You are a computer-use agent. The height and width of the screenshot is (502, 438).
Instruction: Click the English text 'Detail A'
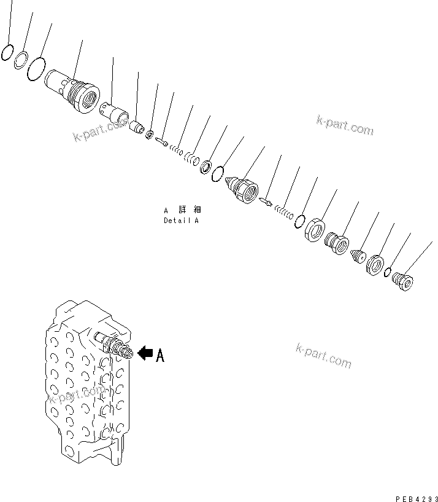181,221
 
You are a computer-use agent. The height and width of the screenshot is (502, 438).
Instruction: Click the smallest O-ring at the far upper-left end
7,53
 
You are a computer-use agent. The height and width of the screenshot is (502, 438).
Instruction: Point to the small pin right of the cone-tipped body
266,202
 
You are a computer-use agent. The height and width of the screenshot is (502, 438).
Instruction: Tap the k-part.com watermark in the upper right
344,125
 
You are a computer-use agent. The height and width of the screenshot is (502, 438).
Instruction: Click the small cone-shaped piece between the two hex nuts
357,257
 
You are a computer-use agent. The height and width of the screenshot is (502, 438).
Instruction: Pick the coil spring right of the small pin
283,211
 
